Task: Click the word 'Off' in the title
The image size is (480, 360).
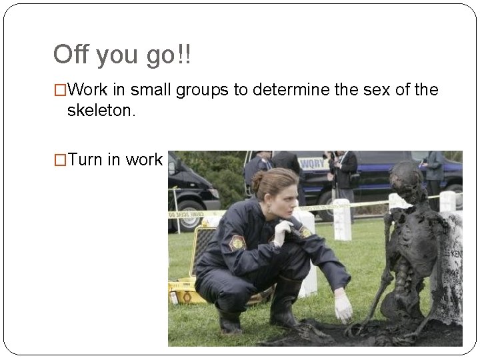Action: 71,55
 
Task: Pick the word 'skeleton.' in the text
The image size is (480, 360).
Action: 101,111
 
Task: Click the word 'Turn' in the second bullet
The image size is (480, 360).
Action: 84,160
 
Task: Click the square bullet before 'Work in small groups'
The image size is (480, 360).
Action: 60,90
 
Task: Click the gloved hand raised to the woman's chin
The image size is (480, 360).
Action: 282,232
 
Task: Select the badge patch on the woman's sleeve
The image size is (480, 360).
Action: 237,243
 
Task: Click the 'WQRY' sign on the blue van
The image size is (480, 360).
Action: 312,163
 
